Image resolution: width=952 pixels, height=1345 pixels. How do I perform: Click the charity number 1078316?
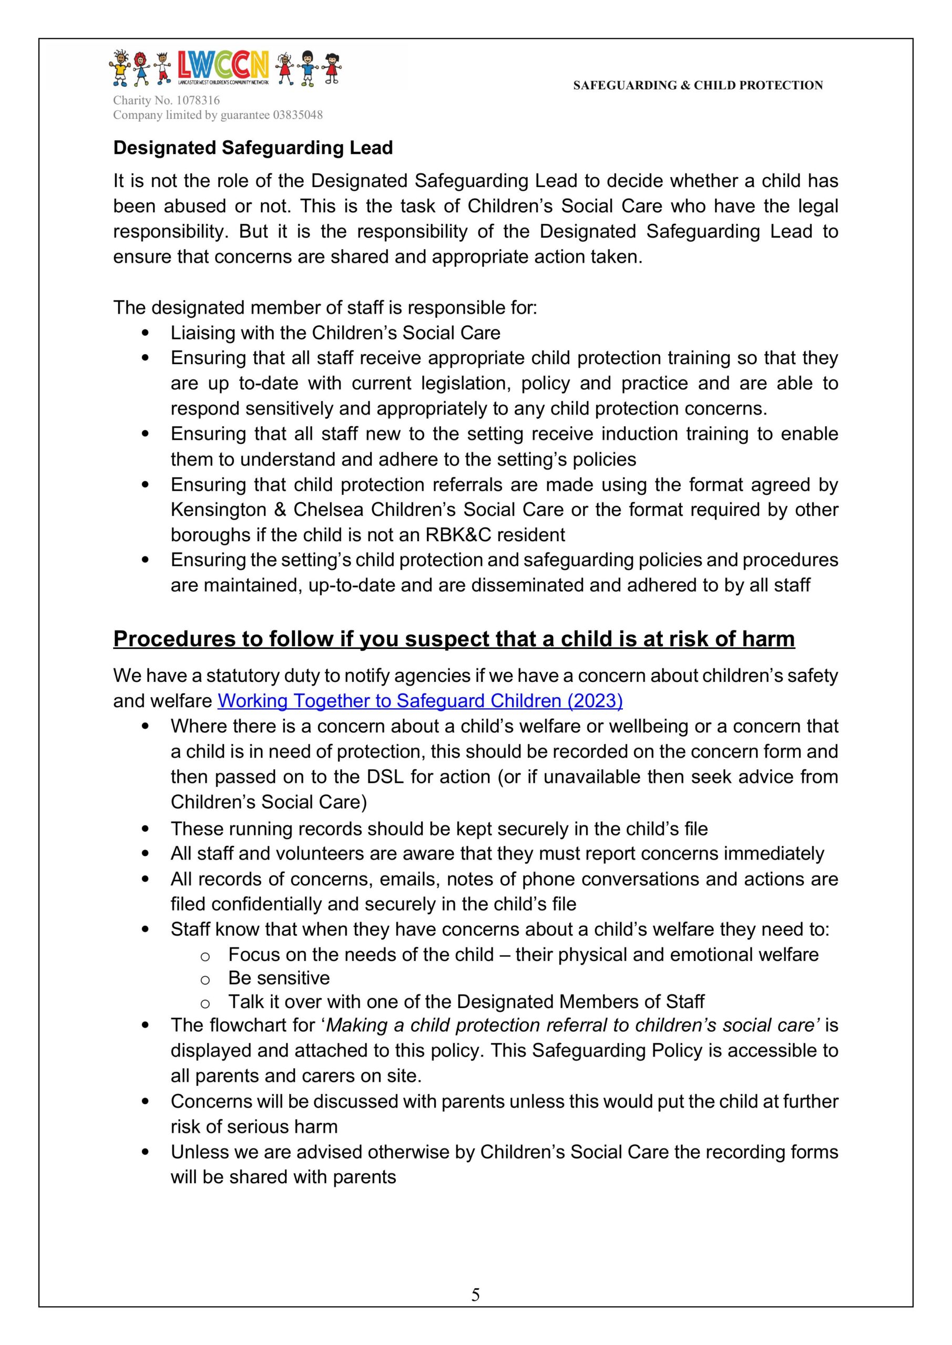click(x=198, y=100)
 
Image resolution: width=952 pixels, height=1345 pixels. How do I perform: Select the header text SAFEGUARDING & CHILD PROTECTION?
click(x=698, y=86)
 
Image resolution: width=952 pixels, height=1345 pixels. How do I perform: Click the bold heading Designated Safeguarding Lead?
click(x=253, y=148)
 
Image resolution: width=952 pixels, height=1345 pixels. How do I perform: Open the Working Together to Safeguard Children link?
click(x=419, y=701)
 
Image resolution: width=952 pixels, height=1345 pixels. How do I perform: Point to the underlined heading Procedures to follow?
click(x=454, y=638)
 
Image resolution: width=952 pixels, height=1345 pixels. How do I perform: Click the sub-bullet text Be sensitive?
click(x=279, y=978)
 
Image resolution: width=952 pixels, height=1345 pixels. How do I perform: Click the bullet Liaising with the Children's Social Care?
click(x=335, y=333)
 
